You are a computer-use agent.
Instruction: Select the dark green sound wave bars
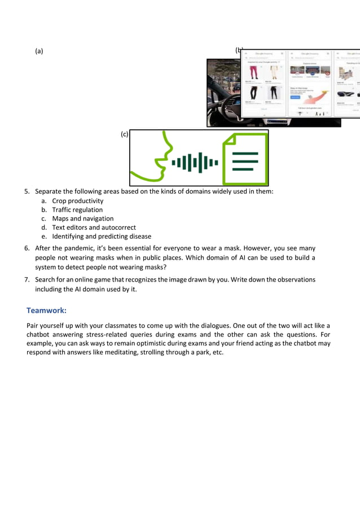[x=194, y=163]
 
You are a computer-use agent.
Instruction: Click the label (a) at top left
[x=39, y=51]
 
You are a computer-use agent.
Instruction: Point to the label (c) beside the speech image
[x=124, y=134]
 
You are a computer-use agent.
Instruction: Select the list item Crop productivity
[x=77, y=201]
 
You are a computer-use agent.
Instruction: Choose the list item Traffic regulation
[x=77, y=210]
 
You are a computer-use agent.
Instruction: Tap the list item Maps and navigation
[x=83, y=218]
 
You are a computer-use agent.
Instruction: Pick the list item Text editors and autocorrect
[x=94, y=227]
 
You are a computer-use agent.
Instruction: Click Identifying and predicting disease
[x=102, y=236]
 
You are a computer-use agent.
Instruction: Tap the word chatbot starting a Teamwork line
[x=40, y=335]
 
